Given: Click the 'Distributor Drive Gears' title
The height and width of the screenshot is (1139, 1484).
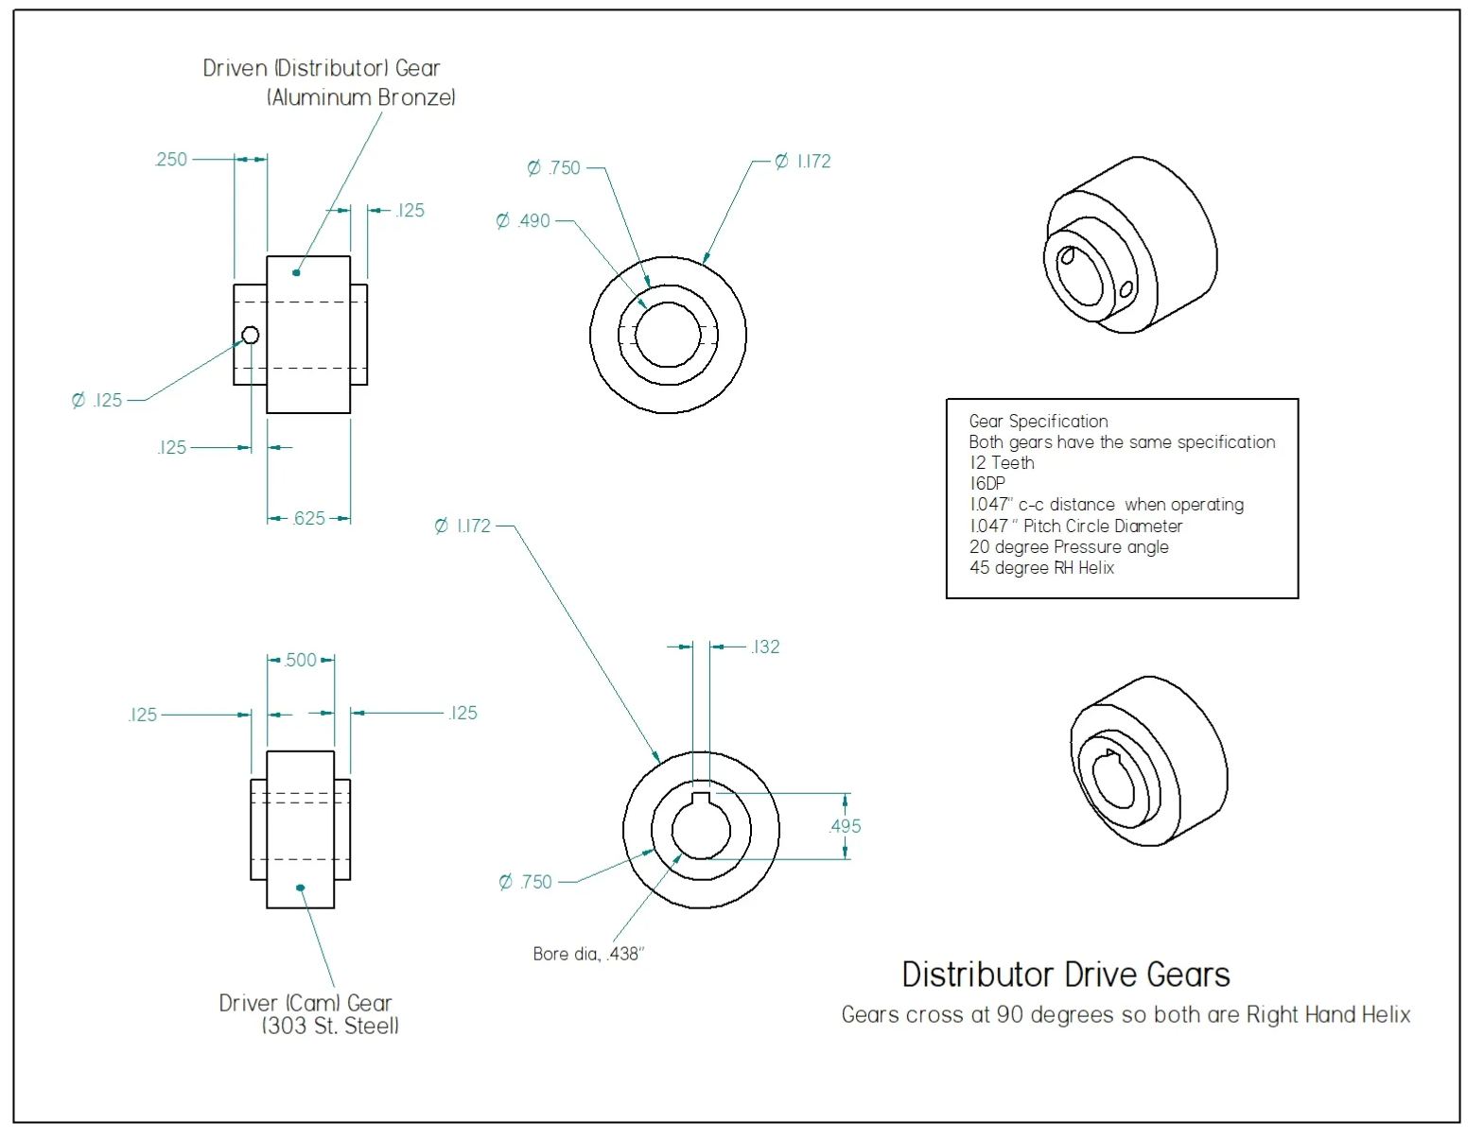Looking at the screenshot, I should [x=1065, y=975].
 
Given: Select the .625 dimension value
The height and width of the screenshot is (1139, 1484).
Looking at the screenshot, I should [x=309, y=518].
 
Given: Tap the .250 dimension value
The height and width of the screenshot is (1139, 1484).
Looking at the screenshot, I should [x=171, y=159].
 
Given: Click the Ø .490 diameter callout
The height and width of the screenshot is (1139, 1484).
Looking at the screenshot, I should [x=524, y=221].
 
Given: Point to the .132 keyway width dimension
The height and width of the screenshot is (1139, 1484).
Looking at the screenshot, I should [x=765, y=647].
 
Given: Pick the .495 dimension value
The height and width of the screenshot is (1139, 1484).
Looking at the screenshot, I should [x=845, y=826].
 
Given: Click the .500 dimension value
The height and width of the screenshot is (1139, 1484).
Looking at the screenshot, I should [x=301, y=660].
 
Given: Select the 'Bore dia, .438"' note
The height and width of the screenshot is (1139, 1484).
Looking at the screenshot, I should [x=587, y=954].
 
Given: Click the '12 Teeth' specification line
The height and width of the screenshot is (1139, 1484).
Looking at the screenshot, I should [x=1002, y=463].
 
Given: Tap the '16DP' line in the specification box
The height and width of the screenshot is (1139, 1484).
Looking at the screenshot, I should [x=987, y=483].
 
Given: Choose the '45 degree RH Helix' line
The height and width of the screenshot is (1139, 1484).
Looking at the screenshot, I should [x=1041, y=567].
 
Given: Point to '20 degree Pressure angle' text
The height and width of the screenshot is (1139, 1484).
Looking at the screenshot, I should [x=1069, y=546].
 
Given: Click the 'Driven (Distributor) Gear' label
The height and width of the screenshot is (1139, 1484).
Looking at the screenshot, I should [x=322, y=68].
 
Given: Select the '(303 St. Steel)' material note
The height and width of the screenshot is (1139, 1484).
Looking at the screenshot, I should [x=330, y=1026].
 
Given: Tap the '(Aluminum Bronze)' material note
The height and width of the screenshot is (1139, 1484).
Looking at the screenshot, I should [x=361, y=96].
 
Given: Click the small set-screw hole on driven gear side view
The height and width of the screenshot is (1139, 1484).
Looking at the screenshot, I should [x=251, y=335].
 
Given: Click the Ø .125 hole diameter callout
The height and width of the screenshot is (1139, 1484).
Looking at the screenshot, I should [x=97, y=400].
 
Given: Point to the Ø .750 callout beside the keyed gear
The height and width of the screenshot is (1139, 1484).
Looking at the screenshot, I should [x=526, y=882].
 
